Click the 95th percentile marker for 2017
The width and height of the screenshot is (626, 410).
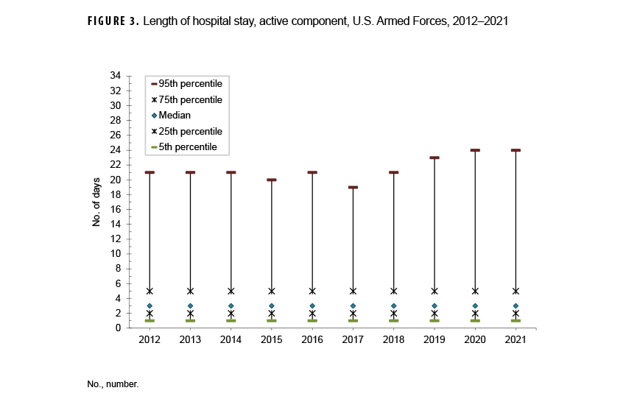pos(353,187)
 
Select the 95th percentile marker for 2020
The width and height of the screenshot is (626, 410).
pos(475,150)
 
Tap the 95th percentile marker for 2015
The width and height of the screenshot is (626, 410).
pos(272,180)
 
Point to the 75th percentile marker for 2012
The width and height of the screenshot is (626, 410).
pos(150,291)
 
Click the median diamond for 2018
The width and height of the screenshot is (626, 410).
pos(393,305)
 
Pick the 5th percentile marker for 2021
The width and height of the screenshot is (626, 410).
pos(516,320)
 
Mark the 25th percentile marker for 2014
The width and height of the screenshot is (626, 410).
pos(231,313)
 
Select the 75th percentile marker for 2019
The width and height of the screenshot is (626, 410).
pos(434,291)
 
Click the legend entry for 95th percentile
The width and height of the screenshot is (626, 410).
pos(190,84)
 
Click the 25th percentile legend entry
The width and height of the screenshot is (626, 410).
pos(190,131)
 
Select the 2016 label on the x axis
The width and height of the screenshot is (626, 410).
pos(312,339)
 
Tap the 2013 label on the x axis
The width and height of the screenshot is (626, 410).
pos(190,339)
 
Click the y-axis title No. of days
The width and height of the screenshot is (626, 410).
pos(96,202)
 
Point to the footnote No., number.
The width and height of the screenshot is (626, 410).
pos(113,384)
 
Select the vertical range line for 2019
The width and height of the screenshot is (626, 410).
pos(434,221)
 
